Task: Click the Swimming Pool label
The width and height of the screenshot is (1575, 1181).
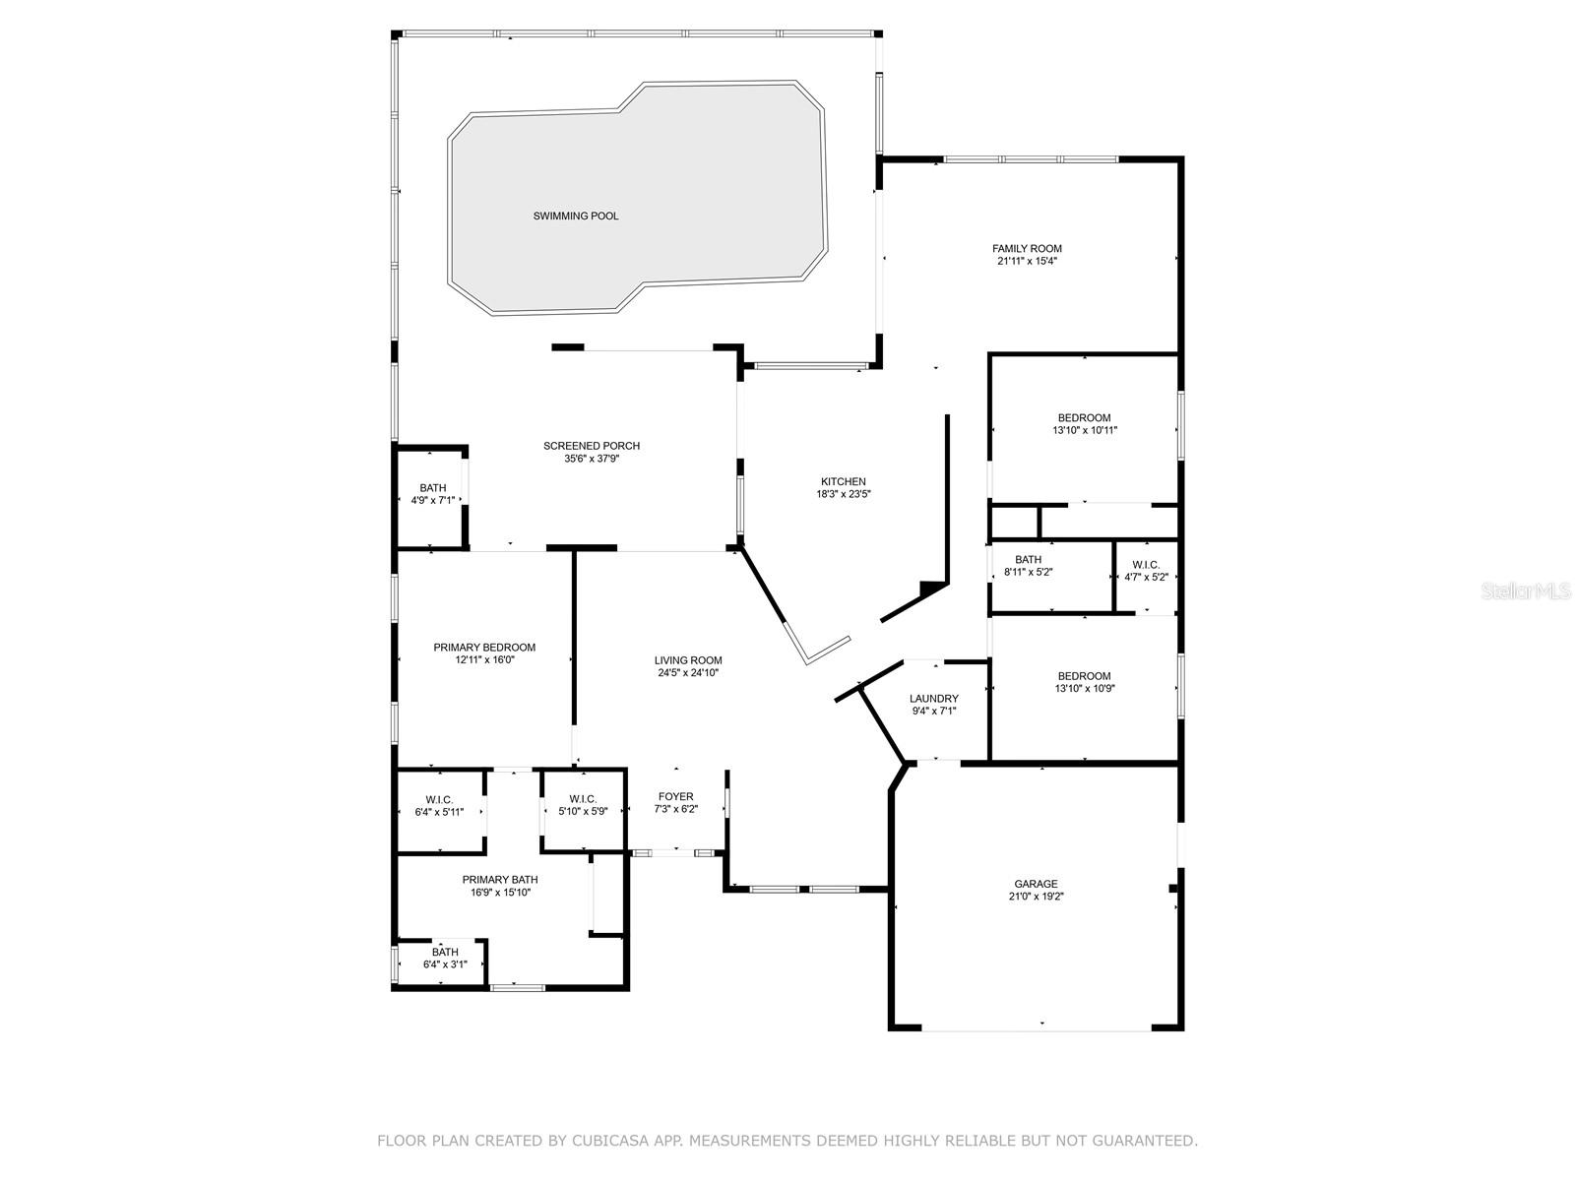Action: (x=576, y=216)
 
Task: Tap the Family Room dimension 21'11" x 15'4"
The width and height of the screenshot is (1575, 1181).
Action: (x=1027, y=261)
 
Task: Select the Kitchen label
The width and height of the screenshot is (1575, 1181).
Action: (x=843, y=481)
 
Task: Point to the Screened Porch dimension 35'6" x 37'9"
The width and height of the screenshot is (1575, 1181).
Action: (x=592, y=459)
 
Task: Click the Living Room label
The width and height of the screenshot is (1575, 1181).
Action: (x=688, y=660)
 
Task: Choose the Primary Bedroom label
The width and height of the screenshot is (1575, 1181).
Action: (x=484, y=648)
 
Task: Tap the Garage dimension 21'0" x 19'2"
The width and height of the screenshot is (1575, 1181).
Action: (x=1036, y=897)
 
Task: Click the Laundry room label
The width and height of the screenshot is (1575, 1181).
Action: (x=933, y=699)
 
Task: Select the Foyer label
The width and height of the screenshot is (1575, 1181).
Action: (x=676, y=796)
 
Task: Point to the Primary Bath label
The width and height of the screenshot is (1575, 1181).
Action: (x=500, y=880)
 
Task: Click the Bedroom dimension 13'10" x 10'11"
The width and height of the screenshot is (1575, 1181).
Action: (x=1084, y=430)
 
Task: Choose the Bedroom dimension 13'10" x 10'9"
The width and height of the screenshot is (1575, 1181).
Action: (x=1084, y=688)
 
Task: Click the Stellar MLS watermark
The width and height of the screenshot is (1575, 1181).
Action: (x=1526, y=590)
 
